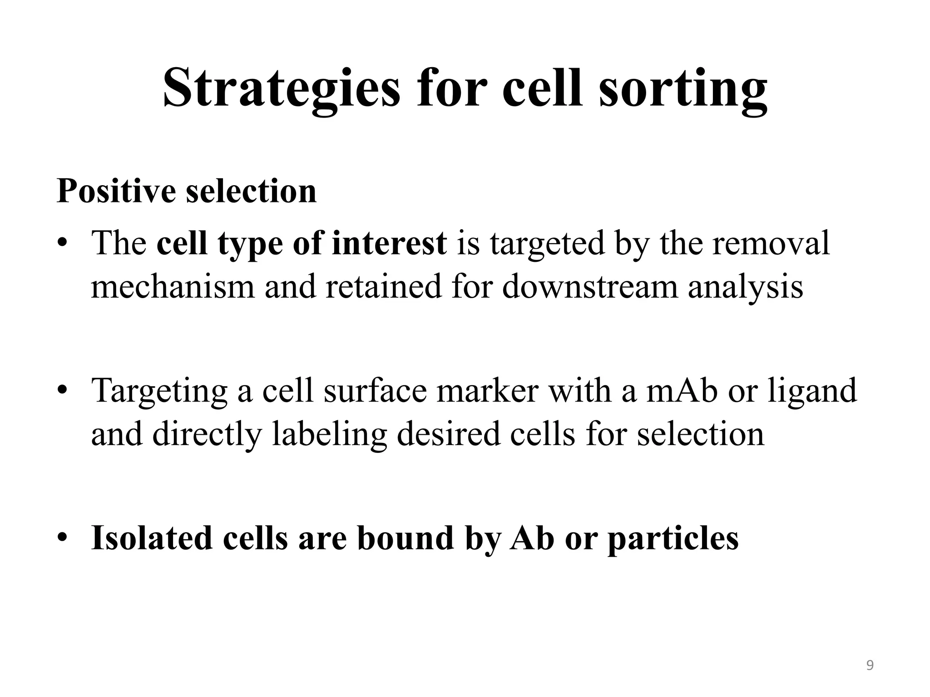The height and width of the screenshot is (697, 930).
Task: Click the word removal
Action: [x=771, y=243]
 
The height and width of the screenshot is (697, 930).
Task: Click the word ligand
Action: [x=812, y=392]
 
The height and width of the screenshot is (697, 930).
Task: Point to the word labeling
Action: [x=329, y=434]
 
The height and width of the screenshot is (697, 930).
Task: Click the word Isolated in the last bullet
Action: [x=152, y=538]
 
